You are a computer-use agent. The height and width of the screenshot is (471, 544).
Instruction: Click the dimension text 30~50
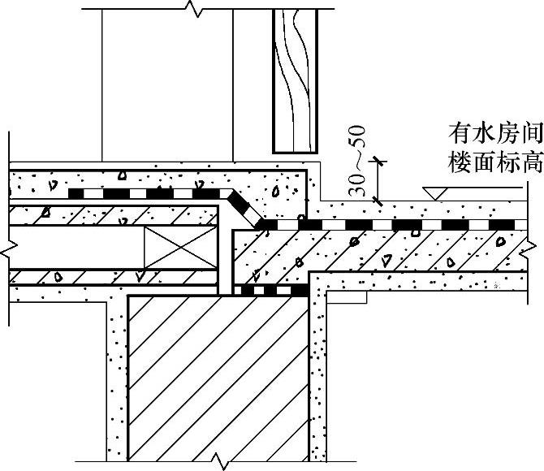coord(358,162)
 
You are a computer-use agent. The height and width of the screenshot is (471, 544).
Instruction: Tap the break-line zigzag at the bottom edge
coord(218,463)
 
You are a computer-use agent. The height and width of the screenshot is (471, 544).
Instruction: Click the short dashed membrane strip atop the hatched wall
coord(270,289)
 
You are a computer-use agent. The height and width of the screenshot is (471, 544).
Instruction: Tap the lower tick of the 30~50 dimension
coord(375,200)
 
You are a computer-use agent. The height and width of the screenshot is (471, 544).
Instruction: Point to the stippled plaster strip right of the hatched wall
coord(318,374)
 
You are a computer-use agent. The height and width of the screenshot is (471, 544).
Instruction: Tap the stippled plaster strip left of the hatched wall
coord(117,374)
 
